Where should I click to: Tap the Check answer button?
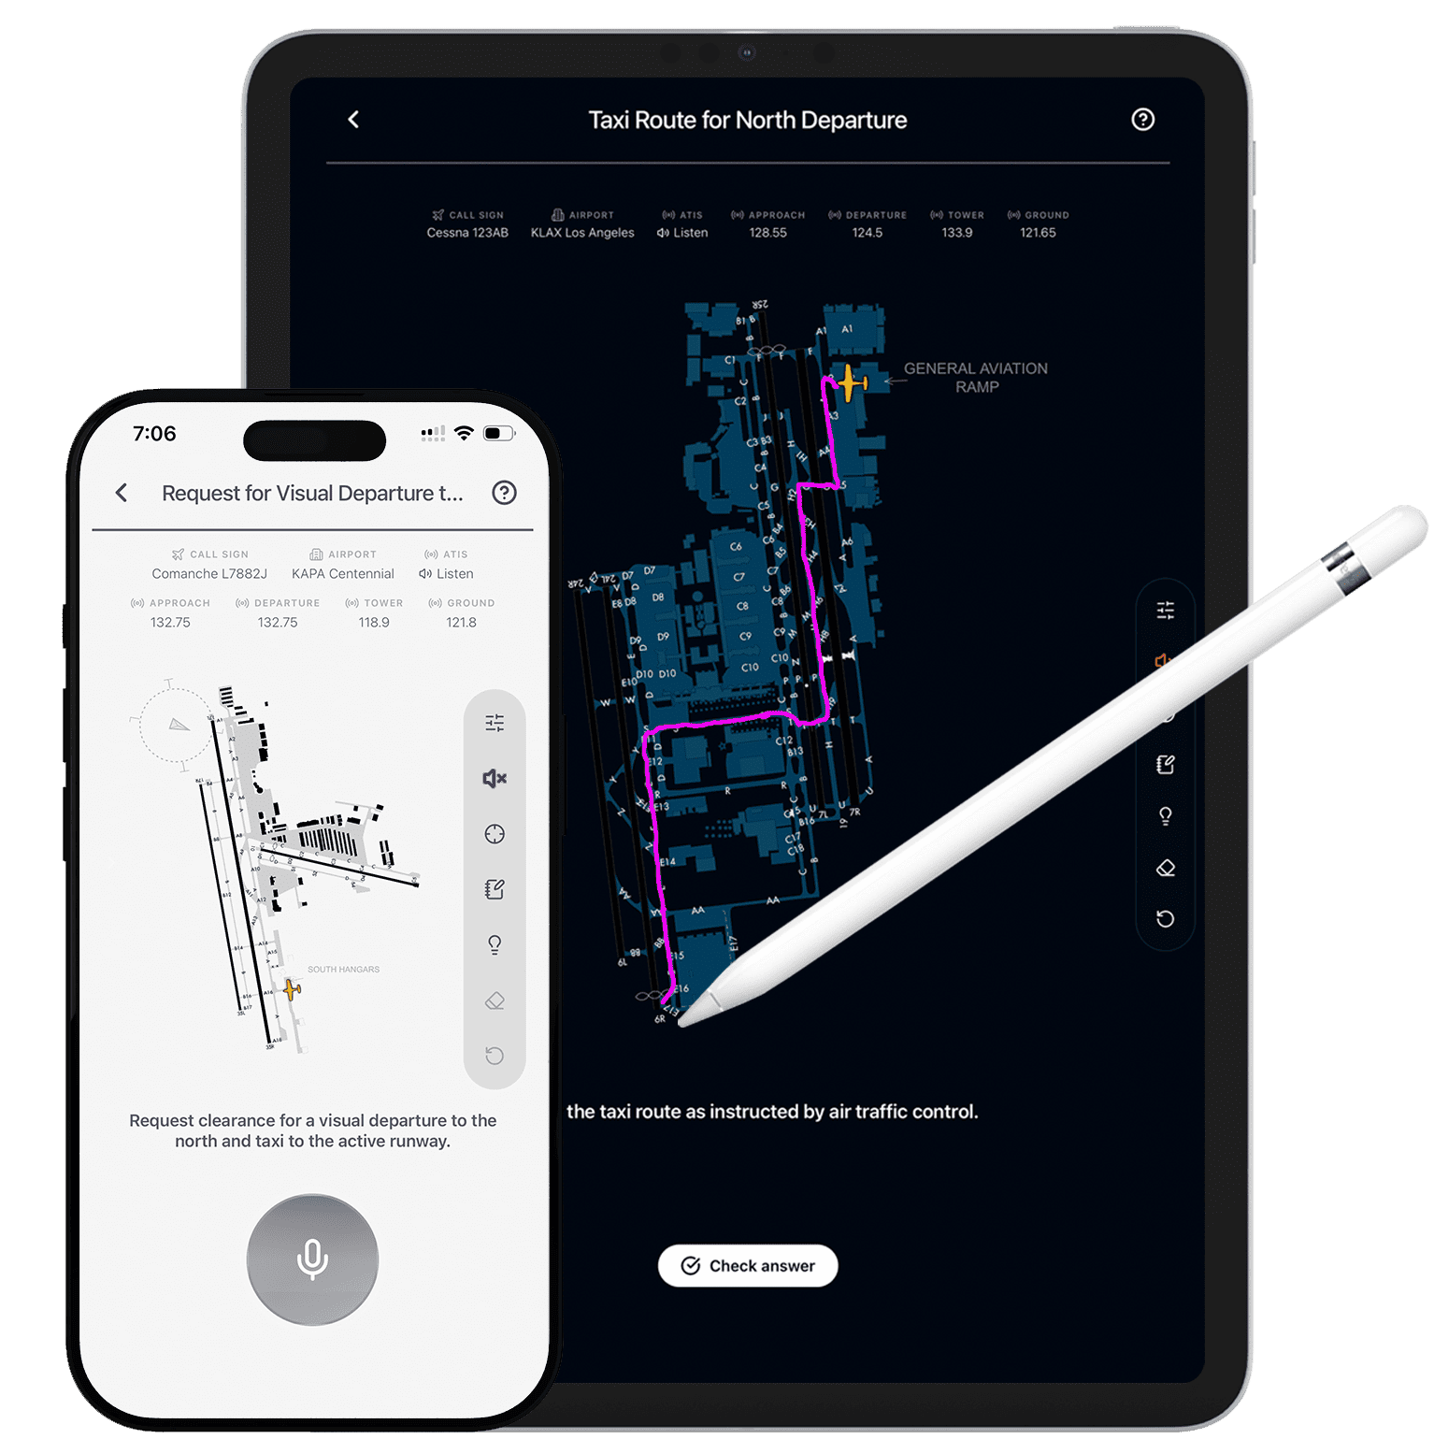pyautogui.click(x=748, y=1265)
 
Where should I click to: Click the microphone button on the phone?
pyautogui.click(x=312, y=1259)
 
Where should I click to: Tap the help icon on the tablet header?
pyautogui.click(x=1142, y=120)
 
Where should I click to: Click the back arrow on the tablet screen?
pyautogui.click(x=353, y=120)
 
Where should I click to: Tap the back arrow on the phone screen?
pyautogui.click(x=122, y=493)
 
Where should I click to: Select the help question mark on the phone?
pyautogui.click(x=504, y=493)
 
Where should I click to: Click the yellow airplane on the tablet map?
pyautogui.click(x=849, y=382)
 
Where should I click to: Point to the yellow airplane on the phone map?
pyautogui.click(x=292, y=989)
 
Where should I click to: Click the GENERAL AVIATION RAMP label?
pyautogui.click(x=975, y=378)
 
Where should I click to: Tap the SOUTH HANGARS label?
pyautogui.click(x=343, y=970)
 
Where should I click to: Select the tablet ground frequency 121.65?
pyautogui.click(x=1038, y=233)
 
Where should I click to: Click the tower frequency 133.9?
pyautogui.click(x=956, y=233)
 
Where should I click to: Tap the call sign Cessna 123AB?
pyautogui.click(x=467, y=233)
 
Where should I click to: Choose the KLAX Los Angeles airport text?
pyautogui.click(x=582, y=233)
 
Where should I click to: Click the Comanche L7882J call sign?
pyautogui.click(x=209, y=574)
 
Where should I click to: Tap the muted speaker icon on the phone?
pyautogui.click(x=495, y=778)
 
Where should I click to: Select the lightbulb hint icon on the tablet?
pyautogui.click(x=1165, y=816)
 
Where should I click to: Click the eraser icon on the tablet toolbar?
pyautogui.click(x=1165, y=868)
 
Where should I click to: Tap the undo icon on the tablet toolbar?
pyautogui.click(x=1165, y=919)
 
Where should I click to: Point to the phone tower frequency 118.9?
pyautogui.click(x=374, y=623)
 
